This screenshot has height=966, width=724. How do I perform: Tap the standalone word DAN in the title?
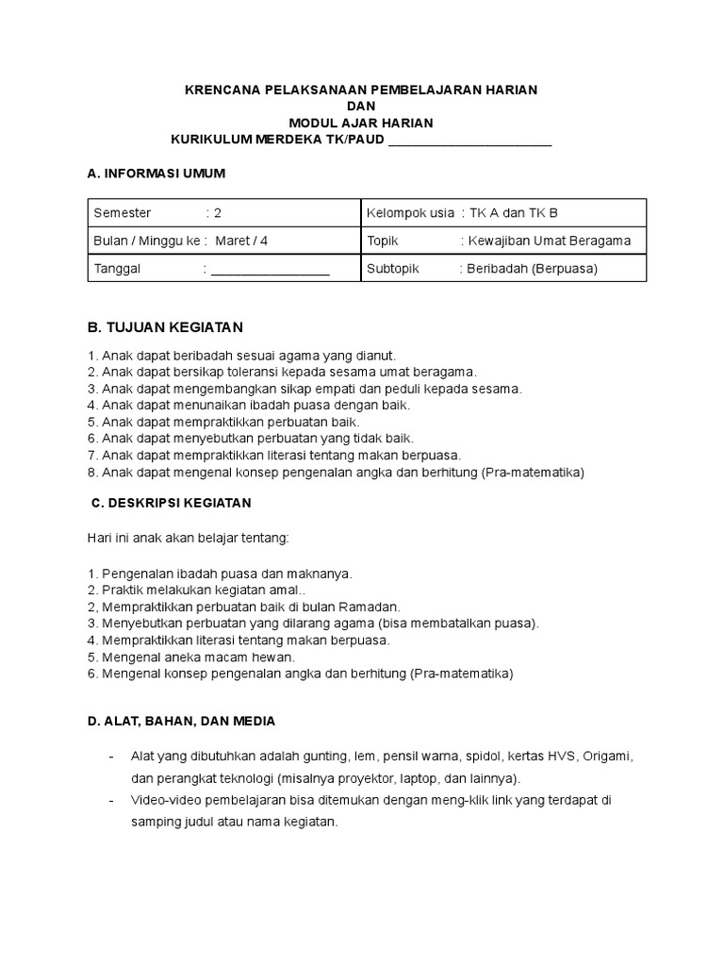[x=361, y=107]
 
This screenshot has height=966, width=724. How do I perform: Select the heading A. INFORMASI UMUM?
[x=156, y=175]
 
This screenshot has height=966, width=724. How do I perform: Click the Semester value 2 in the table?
[x=218, y=213]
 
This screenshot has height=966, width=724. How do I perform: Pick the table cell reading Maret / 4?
[x=241, y=241]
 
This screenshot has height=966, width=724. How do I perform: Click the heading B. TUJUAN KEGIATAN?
[x=165, y=327]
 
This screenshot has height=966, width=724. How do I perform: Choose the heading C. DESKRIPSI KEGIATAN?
[x=172, y=503]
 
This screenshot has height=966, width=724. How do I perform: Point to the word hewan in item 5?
[x=275, y=658]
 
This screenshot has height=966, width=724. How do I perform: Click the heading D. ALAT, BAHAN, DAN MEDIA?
[x=181, y=722]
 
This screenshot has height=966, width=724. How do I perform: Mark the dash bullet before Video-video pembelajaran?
[x=113, y=800]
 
